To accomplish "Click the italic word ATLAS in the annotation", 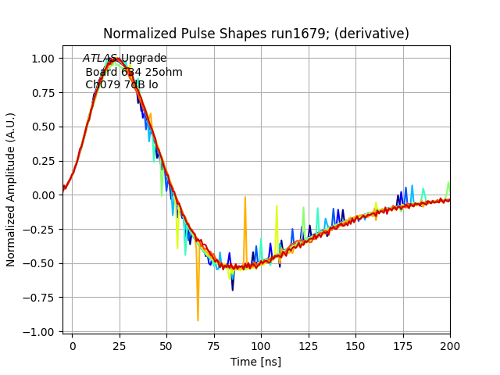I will click(98, 59).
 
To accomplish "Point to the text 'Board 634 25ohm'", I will click(134, 72).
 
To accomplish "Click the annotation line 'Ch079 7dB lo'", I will click(121, 84).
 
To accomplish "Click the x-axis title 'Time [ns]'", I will click(255, 362).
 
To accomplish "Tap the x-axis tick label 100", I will click(261, 345).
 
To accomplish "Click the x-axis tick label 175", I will click(403, 345).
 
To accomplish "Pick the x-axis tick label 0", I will click(73, 345).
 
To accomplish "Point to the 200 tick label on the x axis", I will click(450, 345).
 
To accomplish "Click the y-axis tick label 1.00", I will click(42, 59).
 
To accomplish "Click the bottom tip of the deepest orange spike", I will click(198, 320).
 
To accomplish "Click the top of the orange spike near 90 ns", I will click(245, 197).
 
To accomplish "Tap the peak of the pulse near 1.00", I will click(114, 58).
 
